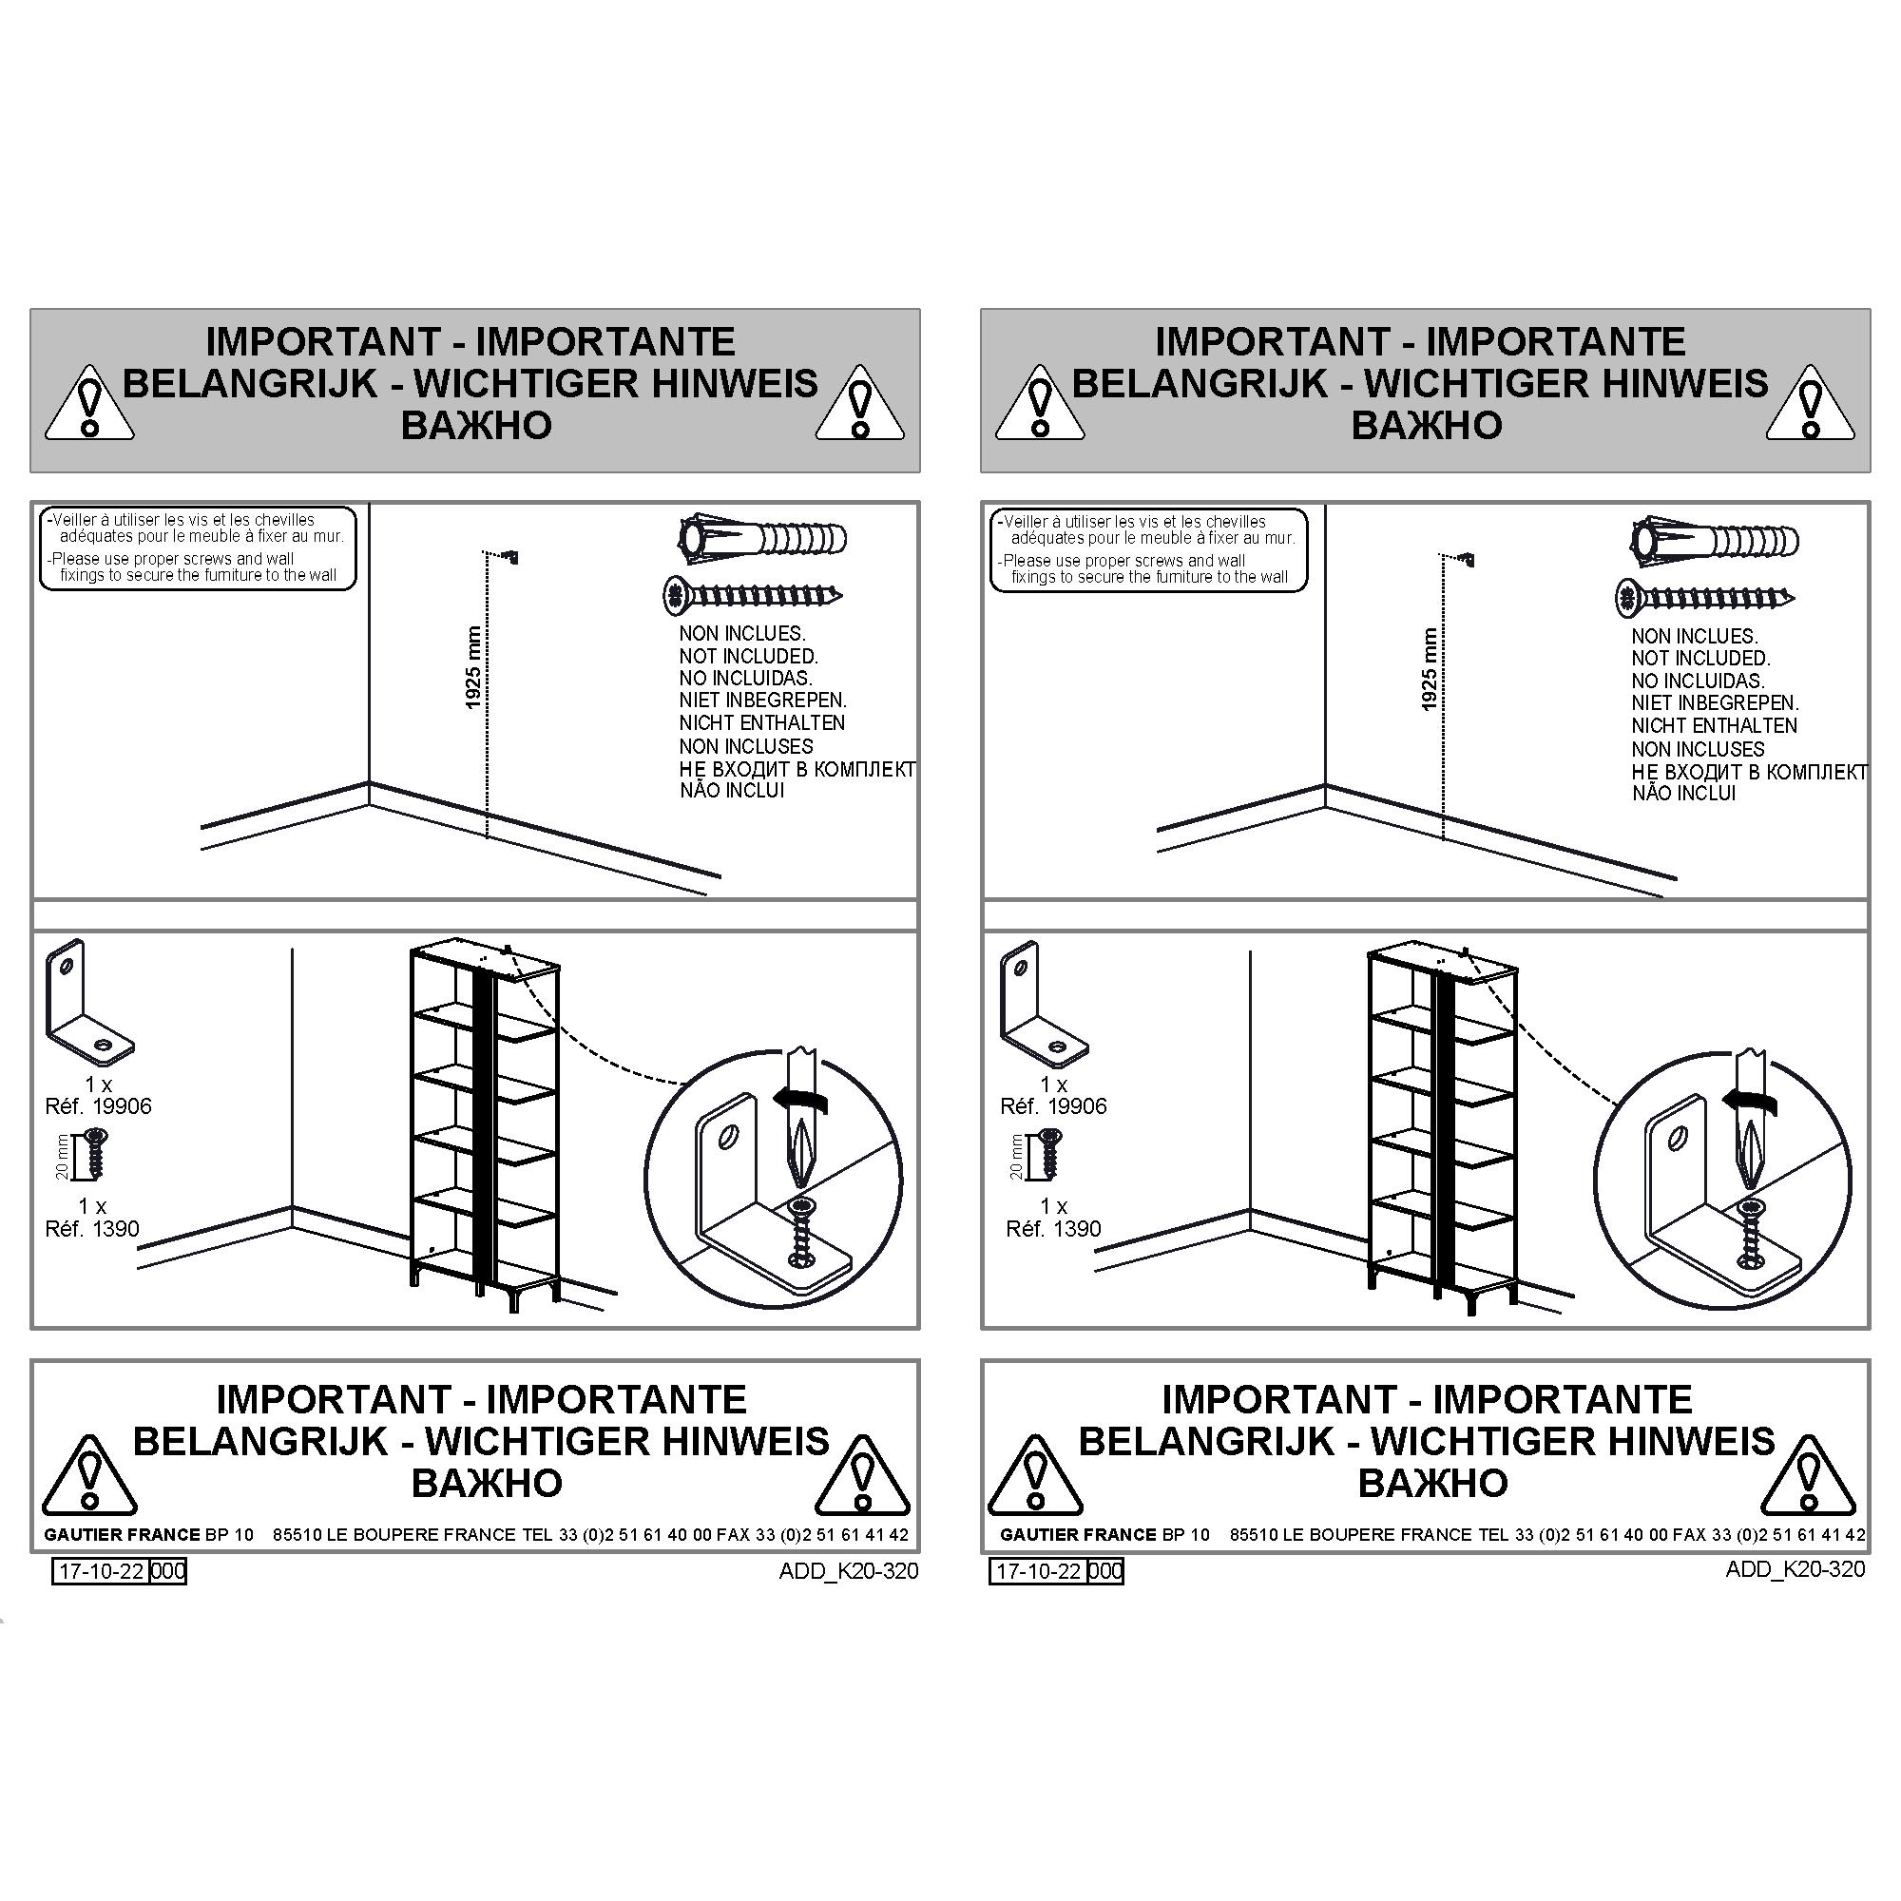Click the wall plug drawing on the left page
762,538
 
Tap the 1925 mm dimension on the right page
1430,670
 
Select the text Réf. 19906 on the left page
99,1106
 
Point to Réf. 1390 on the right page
1053,1229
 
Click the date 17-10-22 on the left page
101,1570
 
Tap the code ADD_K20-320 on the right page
1795,1568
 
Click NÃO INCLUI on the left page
732,790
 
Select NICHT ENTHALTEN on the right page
1714,725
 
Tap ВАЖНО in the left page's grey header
476,425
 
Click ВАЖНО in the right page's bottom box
1432,1482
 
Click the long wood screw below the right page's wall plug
1704,597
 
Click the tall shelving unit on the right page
1442,1126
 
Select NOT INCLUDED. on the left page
749,656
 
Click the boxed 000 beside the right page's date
1106,1570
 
